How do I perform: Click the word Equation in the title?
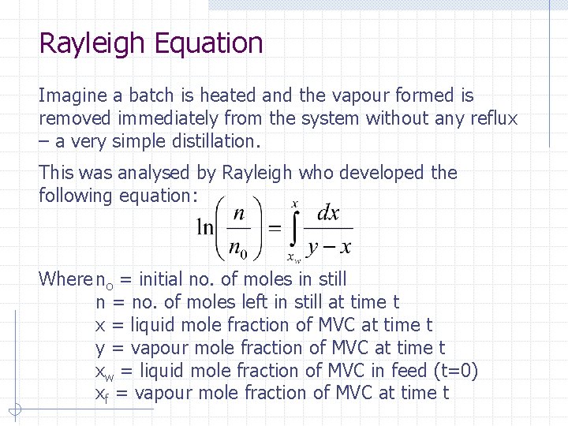(x=208, y=43)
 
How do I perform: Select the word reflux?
(x=490, y=118)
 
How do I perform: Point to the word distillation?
(x=208, y=142)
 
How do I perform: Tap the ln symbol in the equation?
(x=205, y=227)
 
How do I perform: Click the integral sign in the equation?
(x=293, y=228)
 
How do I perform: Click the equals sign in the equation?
(x=275, y=228)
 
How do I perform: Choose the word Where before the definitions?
(x=65, y=279)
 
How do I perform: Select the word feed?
(x=412, y=371)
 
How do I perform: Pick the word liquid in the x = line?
(x=154, y=325)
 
